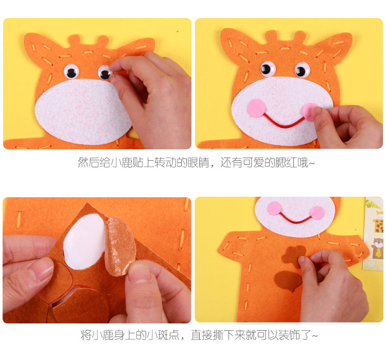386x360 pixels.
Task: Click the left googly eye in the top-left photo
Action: click(71, 72)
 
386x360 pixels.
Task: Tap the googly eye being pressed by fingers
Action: click(105, 73)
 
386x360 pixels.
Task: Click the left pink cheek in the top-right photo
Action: click(256, 108)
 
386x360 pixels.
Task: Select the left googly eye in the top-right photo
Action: click(268, 68)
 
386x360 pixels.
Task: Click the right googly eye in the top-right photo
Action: click(302, 70)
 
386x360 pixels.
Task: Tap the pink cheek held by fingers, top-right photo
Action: click(309, 112)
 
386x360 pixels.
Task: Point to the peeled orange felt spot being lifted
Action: click(120, 246)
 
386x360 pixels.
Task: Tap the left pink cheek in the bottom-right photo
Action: click(274, 208)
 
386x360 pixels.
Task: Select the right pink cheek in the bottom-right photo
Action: click(318, 213)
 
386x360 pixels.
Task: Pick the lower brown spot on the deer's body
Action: click(288, 281)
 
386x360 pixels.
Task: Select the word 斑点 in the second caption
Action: click(168, 335)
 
